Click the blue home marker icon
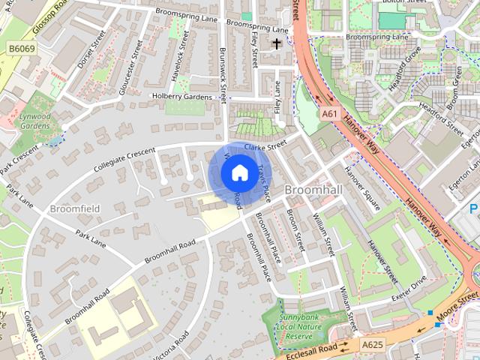[238, 172]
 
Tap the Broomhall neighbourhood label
[313, 190]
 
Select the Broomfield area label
[75, 208]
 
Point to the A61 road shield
[328, 113]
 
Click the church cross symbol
[277, 43]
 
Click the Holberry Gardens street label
[181, 96]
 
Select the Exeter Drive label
[408, 286]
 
